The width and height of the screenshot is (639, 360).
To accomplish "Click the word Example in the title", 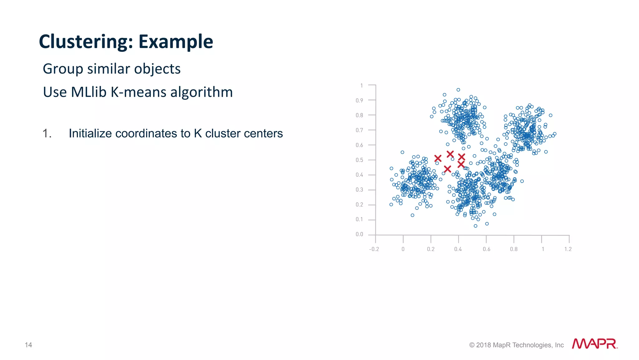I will click(x=176, y=42).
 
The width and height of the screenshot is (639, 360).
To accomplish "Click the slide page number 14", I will click(x=28, y=345).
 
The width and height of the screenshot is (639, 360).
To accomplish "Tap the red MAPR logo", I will click(x=594, y=344).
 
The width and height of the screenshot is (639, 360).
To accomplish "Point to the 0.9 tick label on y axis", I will click(x=359, y=101).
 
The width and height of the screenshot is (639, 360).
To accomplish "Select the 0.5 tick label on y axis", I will click(x=359, y=160).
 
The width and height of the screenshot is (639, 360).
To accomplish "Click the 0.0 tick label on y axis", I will click(x=359, y=234).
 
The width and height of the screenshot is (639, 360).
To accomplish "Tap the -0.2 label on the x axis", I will click(x=374, y=249).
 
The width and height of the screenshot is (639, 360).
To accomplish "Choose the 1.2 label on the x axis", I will click(x=568, y=249).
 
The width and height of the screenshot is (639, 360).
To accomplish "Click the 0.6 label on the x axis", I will click(x=486, y=249).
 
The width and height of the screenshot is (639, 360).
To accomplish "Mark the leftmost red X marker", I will click(x=438, y=159).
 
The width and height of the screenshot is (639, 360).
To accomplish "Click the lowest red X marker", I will click(x=447, y=169).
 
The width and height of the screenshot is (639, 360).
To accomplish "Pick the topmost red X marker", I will click(x=450, y=154).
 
